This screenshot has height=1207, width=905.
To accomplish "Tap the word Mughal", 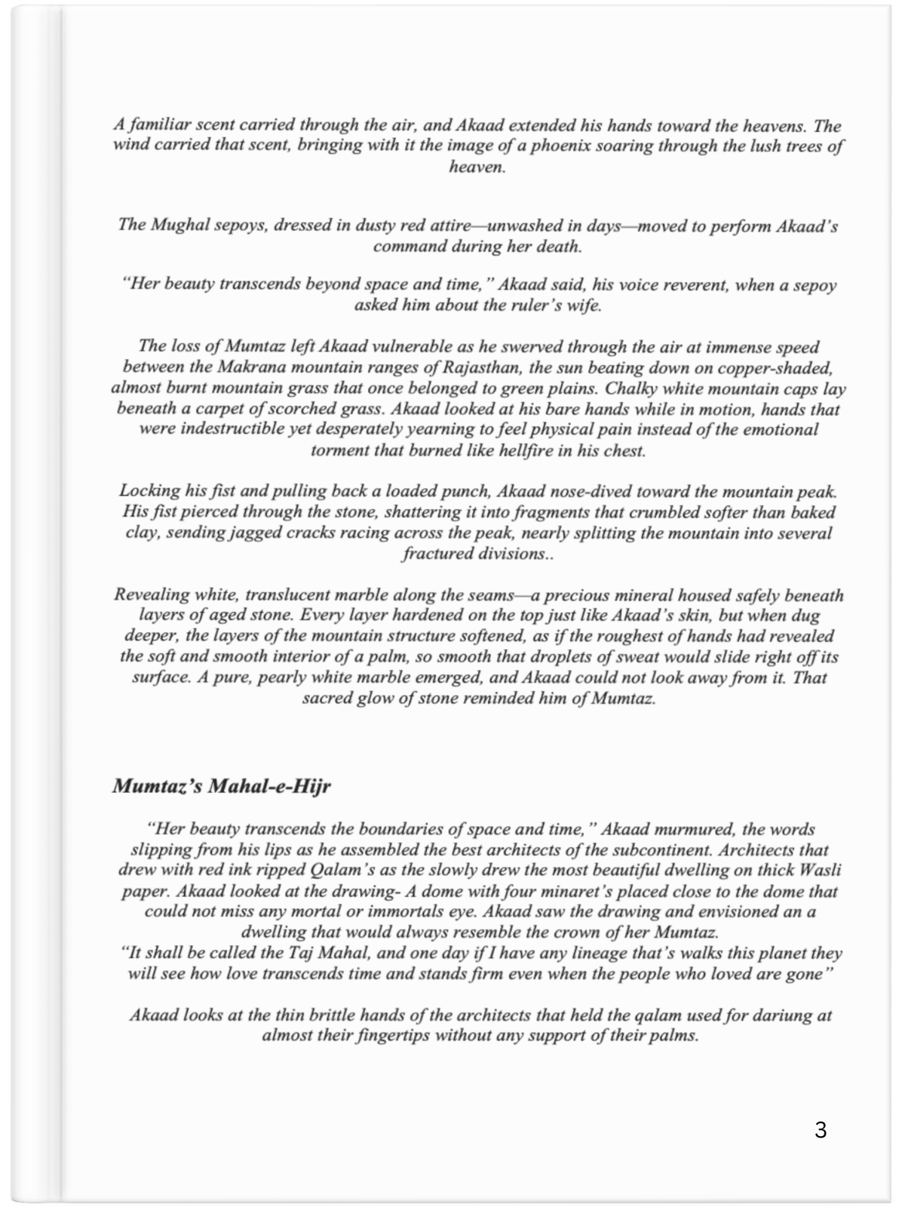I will pos(176,226).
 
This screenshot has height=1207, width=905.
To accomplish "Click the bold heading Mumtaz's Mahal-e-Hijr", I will pos(222,786).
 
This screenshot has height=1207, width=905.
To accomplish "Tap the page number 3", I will pos(821,1130).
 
